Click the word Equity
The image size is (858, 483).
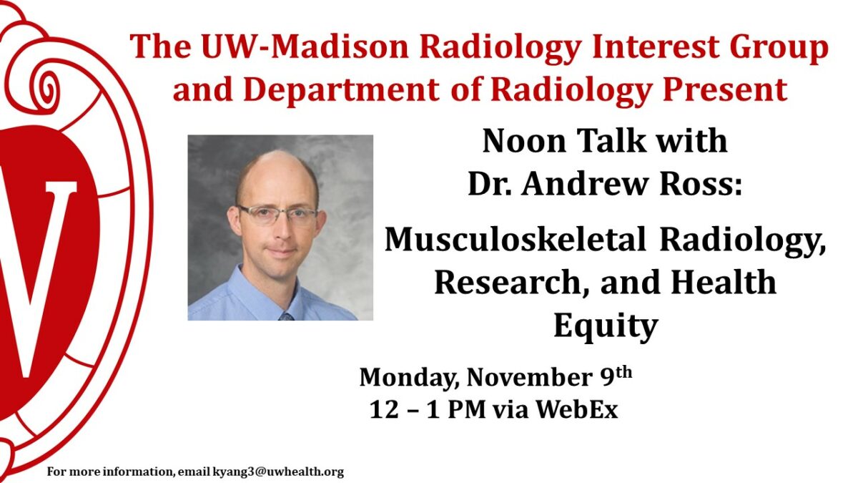(x=605, y=326)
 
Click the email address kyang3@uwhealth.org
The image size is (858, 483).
(x=278, y=472)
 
